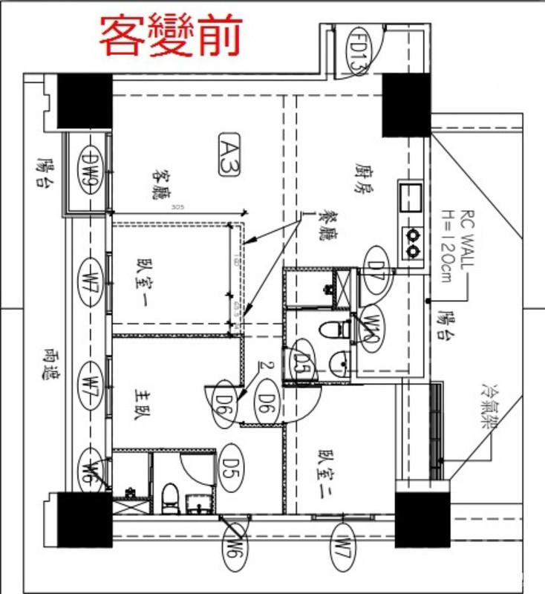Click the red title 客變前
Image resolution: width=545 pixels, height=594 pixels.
point(171,36)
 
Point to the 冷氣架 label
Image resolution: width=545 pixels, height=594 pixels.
point(491,407)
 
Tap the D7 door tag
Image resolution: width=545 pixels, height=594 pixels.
point(377,270)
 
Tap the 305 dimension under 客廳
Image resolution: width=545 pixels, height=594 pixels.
point(177,207)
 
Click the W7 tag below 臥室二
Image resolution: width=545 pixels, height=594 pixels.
point(342,553)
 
